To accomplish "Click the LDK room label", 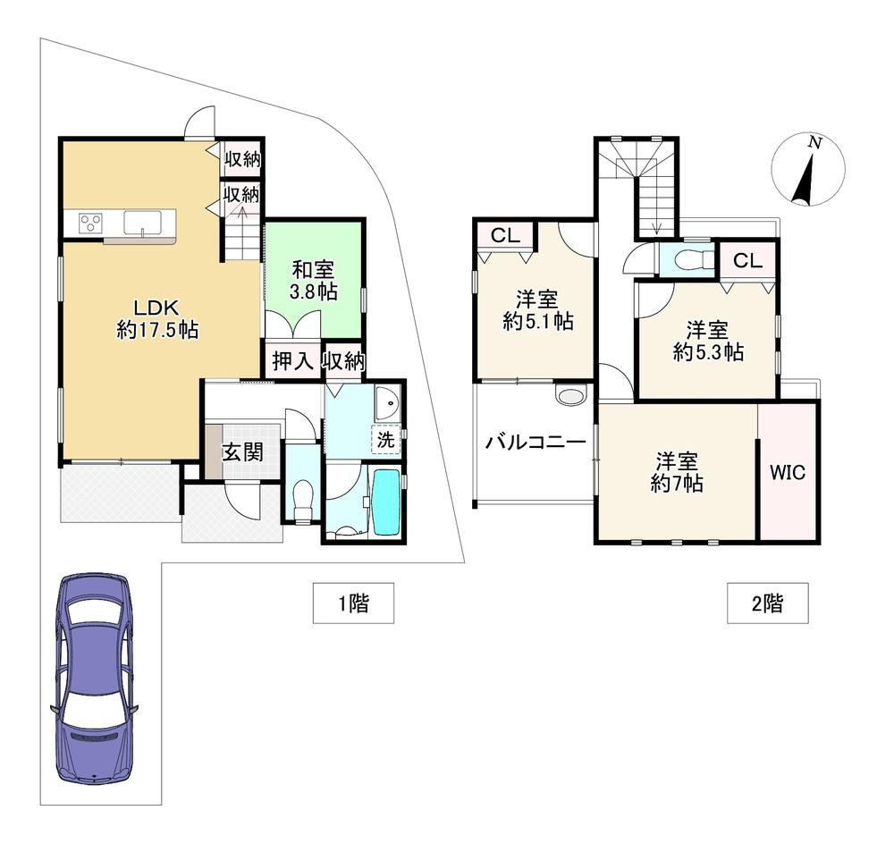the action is click(x=157, y=318).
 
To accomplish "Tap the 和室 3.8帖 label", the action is click(x=314, y=280).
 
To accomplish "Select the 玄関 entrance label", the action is click(x=243, y=452).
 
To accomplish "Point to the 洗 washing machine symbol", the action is click(x=386, y=440).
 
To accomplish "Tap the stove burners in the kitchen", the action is click(x=90, y=221).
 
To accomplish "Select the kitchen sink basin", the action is click(x=142, y=222).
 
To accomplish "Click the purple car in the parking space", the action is click(x=95, y=678).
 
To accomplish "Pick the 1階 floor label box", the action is click(x=353, y=603).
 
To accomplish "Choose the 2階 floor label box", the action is click(x=767, y=603).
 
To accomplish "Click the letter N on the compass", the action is click(x=816, y=143).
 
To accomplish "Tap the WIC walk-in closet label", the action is click(x=788, y=472).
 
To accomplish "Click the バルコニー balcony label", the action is click(x=536, y=443).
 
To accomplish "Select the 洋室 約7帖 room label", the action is click(x=677, y=472).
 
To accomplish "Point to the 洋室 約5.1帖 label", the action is click(x=537, y=310).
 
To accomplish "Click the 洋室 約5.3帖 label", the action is click(x=708, y=341).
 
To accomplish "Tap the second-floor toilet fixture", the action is click(x=692, y=260).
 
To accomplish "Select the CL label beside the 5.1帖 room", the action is click(x=506, y=235).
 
